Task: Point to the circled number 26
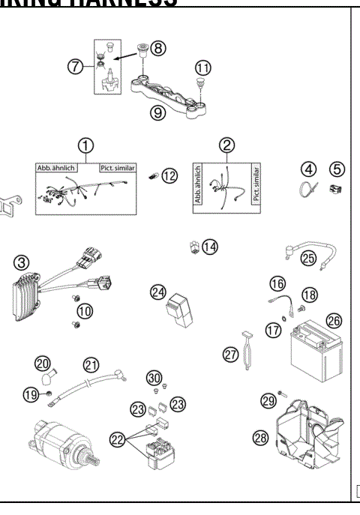334,321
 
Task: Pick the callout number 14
210,247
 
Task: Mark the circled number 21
91,365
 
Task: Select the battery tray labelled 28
307,435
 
